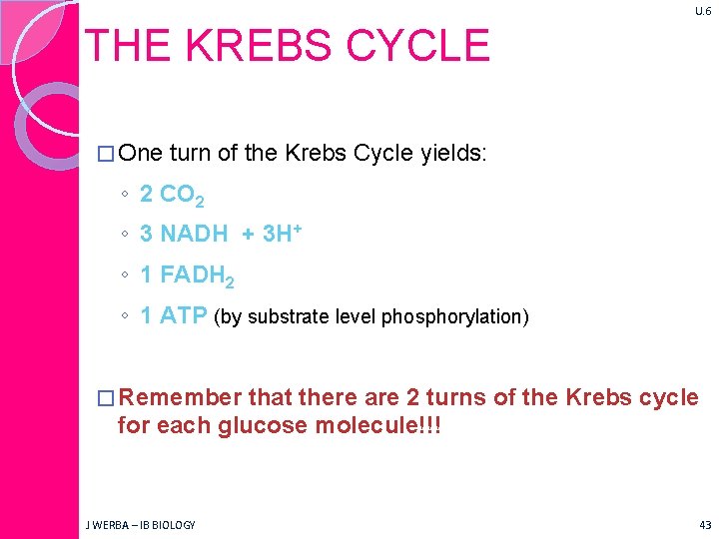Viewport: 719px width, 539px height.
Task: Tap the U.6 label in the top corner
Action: tap(701, 11)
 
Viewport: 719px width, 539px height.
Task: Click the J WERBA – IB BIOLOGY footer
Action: tap(141, 524)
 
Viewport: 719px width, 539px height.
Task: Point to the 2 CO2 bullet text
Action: tap(173, 195)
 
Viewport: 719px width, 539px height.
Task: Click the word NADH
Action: tap(194, 234)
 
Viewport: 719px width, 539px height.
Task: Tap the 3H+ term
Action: tap(283, 234)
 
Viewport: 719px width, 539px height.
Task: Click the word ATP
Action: tap(184, 316)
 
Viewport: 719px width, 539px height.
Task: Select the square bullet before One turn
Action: tap(107, 154)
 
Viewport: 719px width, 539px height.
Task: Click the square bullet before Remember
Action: tap(107, 398)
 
